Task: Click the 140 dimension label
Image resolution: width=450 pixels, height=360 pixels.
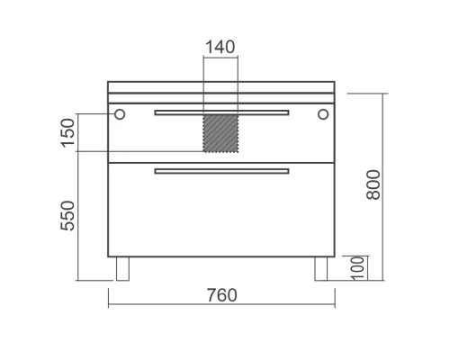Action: point(220,47)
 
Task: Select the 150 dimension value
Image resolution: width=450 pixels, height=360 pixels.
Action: point(67,133)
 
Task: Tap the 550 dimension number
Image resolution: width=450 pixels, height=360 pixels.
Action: point(67,216)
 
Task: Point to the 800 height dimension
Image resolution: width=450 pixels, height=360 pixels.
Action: point(373,184)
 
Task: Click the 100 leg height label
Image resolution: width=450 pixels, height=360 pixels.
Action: point(357,268)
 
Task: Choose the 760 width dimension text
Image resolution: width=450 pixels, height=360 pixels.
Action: point(221,295)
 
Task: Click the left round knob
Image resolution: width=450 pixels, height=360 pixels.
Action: point(120,114)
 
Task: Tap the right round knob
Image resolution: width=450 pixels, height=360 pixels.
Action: point(323,114)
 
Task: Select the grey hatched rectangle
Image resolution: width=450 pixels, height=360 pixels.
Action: point(220,133)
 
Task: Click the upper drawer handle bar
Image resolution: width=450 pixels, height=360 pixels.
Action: point(221,112)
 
